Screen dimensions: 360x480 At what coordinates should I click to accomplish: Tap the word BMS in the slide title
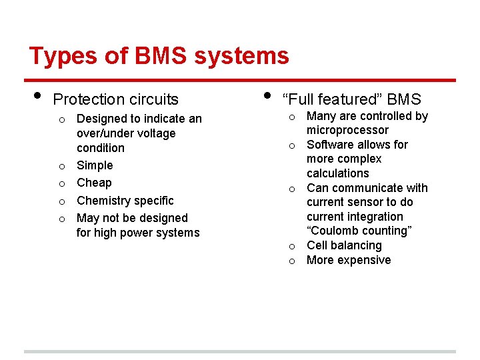tap(161, 56)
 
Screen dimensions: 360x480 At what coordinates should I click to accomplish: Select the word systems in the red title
tap(241, 56)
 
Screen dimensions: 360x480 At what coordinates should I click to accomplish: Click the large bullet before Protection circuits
tap(37, 95)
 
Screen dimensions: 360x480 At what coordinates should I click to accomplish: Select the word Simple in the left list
tap(95, 165)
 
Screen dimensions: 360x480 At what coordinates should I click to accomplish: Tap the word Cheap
tap(94, 183)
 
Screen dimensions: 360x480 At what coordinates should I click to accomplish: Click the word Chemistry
tap(106, 201)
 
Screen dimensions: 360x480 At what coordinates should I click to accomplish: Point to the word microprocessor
tap(347, 130)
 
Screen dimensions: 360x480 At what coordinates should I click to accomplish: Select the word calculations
tap(337, 173)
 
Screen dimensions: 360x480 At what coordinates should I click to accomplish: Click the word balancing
tap(356, 245)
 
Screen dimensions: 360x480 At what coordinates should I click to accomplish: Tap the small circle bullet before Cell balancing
tap(291, 246)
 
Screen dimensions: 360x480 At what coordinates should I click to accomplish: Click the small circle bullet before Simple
tap(61, 166)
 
